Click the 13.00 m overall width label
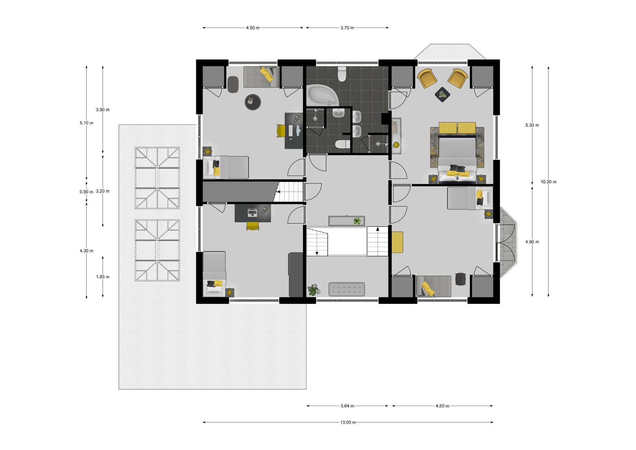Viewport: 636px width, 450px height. pyautogui.click(x=348, y=422)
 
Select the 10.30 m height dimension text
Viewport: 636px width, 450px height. pyautogui.click(x=548, y=182)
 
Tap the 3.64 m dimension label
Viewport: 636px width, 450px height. pyautogui.click(x=347, y=406)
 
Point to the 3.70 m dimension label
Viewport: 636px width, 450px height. pyautogui.click(x=347, y=28)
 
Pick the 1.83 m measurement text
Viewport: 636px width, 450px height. pyautogui.click(x=103, y=277)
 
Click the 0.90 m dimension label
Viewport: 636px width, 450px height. pyautogui.click(x=86, y=192)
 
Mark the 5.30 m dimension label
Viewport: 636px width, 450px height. pyautogui.click(x=532, y=125)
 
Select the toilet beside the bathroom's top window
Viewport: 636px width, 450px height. pyautogui.click(x=342, y=74)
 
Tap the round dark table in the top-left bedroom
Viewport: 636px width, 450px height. pyautogui.click(x=253, y=102)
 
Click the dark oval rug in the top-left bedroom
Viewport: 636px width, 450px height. pyautogui.click(x=233, y=85)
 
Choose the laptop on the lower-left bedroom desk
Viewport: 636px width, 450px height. pyautogui.click(x=252, y=213)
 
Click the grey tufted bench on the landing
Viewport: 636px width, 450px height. pyautogui.click(x=347, y=289)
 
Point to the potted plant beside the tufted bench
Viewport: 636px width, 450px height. pyautogui.click(x=313, y=289)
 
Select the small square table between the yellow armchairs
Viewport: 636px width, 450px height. pyautogui.click(x=442, y=94)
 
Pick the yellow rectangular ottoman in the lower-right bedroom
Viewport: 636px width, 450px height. pyautogui.click(x=397, y=242)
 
